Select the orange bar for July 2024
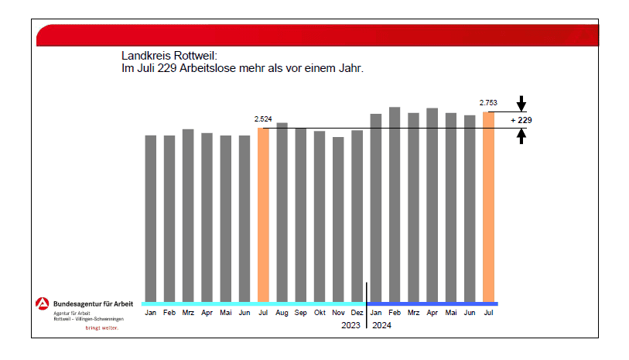click(x=488, y=206)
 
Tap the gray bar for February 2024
click(x=395, y=204)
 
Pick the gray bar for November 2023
click(x=338, y=218)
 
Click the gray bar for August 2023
click(x=282, y=211)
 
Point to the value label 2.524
click(x=263, y=118)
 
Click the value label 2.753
click(x=488, y=102)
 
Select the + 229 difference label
click(x=521, y=121)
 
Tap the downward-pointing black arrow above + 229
click(x=521, y=103)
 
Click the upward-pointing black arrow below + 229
click(x=521, y=137)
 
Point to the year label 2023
click(x=350, y=326)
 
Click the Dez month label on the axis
click(x=357, y=313)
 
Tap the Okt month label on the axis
click(x=320, y=313)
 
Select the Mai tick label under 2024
click(x=450, y=313)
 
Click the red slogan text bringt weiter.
click(x=101, y=327)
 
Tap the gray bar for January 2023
click(x=151, y=218)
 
